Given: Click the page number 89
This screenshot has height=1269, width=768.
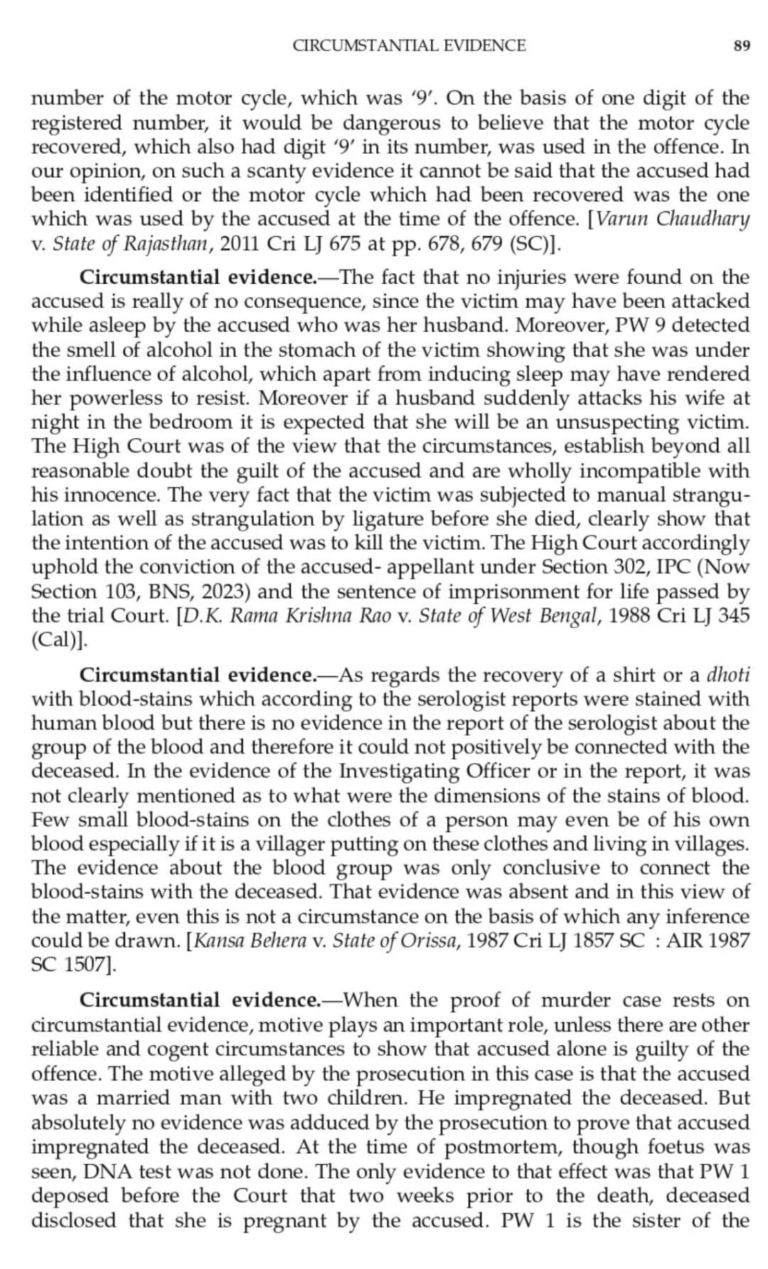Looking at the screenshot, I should point(741,46).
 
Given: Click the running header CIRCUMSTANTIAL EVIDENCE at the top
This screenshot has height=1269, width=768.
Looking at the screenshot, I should point(409,46).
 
